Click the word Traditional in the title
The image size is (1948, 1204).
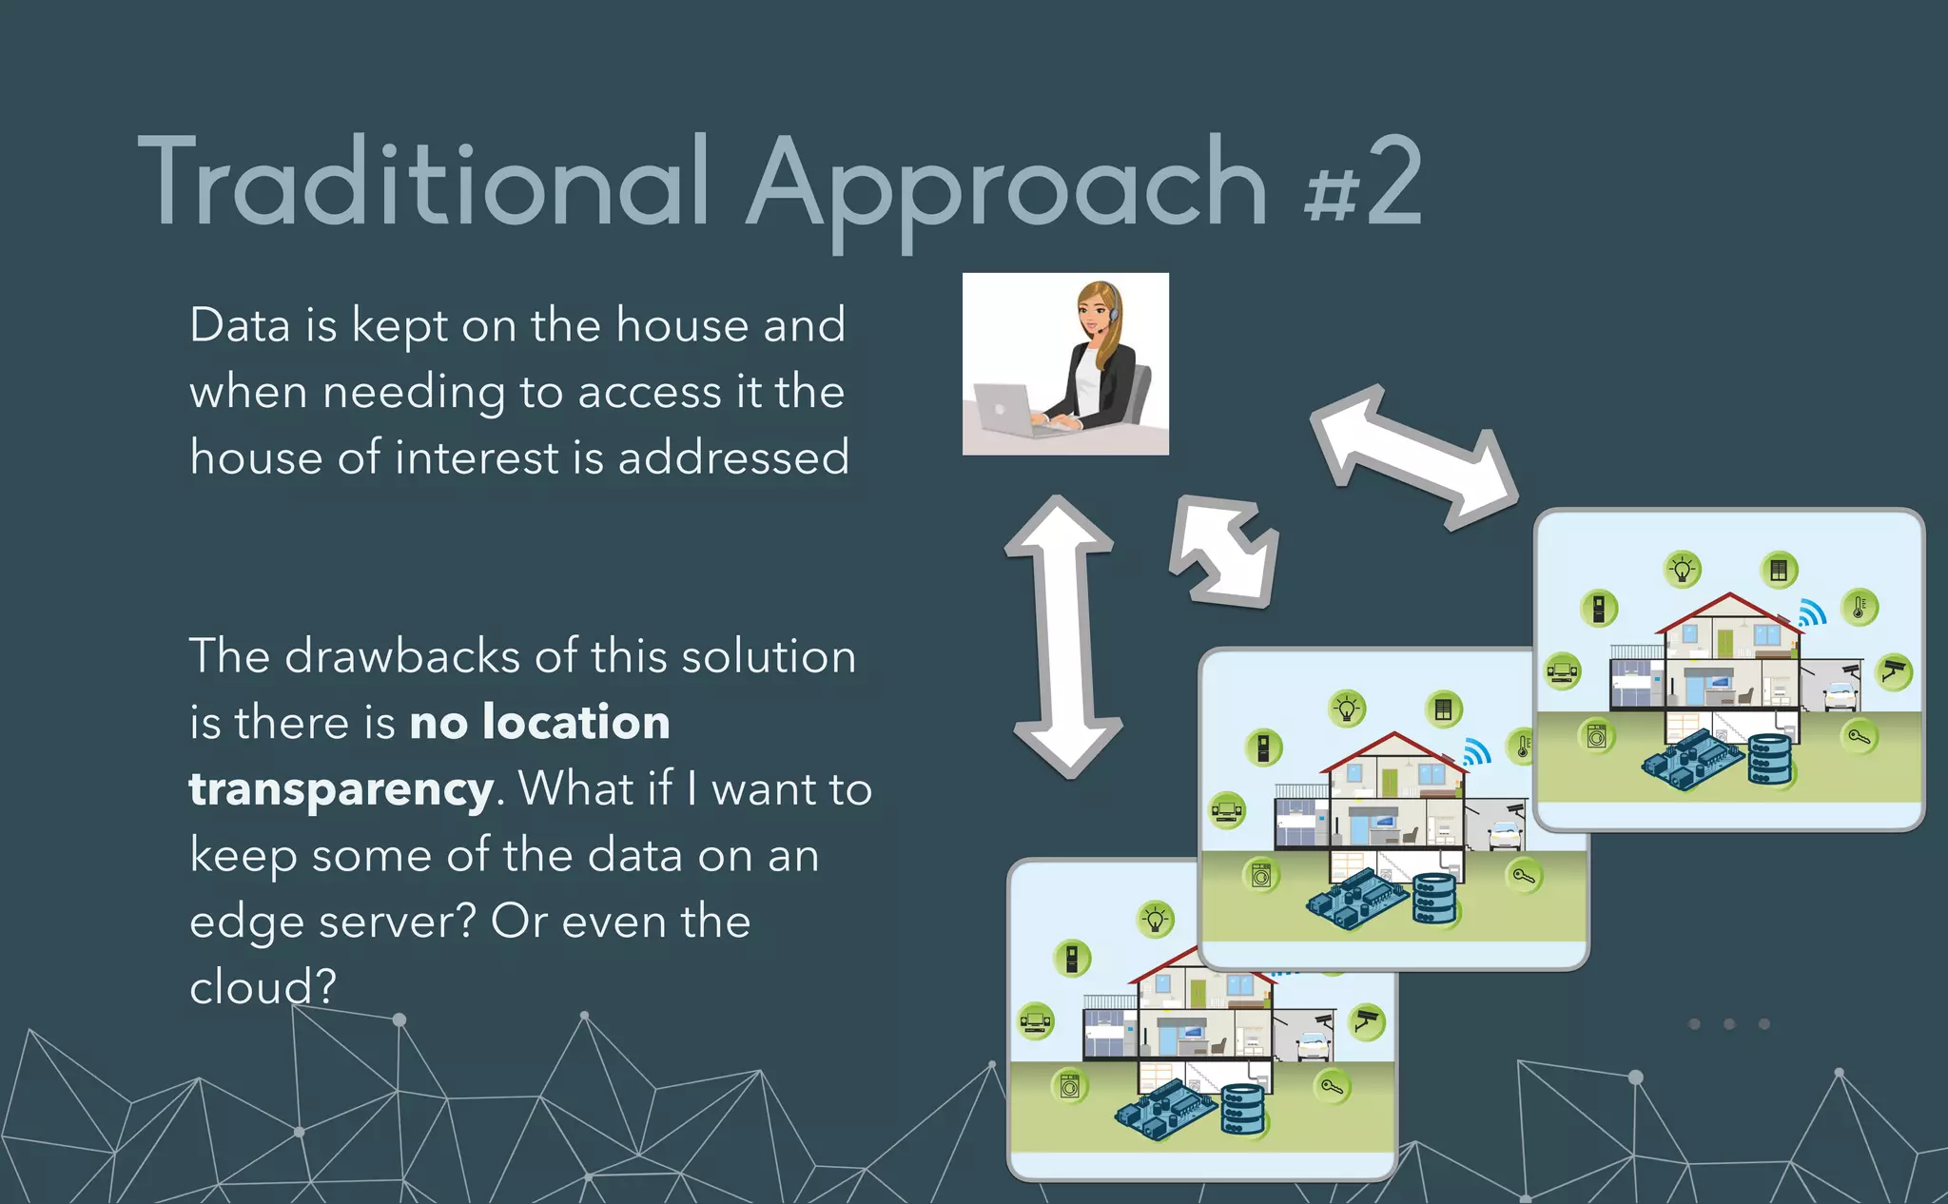424,183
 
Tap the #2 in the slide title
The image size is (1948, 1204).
1364,183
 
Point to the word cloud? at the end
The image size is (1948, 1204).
263,987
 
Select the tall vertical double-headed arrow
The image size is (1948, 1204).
1064,635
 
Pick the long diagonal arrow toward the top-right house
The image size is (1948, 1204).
1413,456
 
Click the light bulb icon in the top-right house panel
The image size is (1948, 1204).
1683,570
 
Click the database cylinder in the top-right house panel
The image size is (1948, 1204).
1769,759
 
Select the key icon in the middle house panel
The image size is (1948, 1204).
1523,875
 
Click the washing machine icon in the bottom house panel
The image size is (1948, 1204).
1070,1085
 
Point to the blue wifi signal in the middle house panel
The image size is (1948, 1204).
1475,752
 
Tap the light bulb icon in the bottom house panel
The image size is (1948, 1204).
1155,920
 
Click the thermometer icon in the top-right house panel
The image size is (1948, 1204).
1860,607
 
